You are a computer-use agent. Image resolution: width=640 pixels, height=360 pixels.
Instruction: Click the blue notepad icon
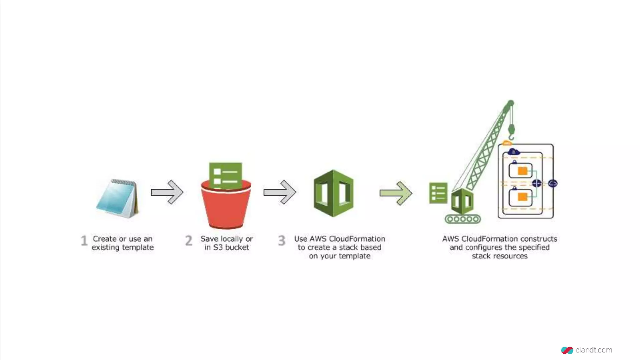[x=117, y=198]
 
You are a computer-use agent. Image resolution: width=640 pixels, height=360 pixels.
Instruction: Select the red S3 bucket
[x=226, y=207]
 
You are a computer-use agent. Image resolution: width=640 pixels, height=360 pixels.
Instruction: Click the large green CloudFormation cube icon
[x=333, y=193]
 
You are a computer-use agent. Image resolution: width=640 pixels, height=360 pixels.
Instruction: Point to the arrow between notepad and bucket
[x=167, y=192]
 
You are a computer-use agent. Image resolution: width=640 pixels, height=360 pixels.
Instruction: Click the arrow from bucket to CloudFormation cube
[x=279, y=192]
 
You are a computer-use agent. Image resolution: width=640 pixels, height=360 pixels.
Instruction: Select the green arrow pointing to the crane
[x=396, y=193]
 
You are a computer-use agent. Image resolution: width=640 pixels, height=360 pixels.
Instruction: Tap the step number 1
[x=84, y=241]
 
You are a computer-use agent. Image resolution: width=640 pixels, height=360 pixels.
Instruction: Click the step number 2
[x=188, y=241]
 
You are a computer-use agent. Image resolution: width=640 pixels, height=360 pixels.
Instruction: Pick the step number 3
[x=282, y=241]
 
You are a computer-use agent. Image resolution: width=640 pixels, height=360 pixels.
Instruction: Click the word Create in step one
[x=105, y=239]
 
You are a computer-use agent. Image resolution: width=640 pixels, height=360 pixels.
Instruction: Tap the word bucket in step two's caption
[x=237, y=247]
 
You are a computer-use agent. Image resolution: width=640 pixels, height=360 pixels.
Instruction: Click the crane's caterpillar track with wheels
[x=463, y=219]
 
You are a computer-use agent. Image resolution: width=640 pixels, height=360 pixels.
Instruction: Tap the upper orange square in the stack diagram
[x=522, y=171]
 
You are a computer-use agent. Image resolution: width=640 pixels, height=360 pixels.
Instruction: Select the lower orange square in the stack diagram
[x=522, y=197]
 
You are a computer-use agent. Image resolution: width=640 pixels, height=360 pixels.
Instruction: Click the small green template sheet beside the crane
[x=438, y=193]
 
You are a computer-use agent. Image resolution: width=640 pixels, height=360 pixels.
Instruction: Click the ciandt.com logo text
[x=593, y=350]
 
